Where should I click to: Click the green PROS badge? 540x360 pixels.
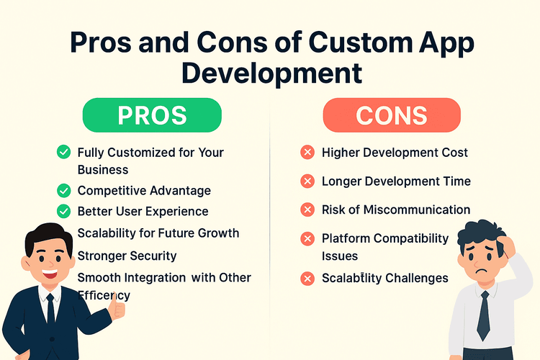[x=152, y=115]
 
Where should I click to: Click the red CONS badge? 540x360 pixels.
[x=391, y=115]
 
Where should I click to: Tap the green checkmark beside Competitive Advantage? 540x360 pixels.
[x=63, y=191]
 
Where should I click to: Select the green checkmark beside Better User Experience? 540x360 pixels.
[x=63, y=212]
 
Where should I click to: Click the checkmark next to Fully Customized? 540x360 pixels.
[x=63, y=153]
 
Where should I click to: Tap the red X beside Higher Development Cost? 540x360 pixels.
[x=307, y=153]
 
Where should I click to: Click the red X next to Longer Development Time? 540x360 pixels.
[x=307, y=181]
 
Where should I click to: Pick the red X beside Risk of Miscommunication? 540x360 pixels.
[x=307, y=210]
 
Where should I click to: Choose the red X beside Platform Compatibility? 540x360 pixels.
[x=307, y=238]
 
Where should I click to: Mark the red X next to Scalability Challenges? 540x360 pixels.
[x=307, y=278]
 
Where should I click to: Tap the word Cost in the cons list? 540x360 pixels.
[x=455, y=153]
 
